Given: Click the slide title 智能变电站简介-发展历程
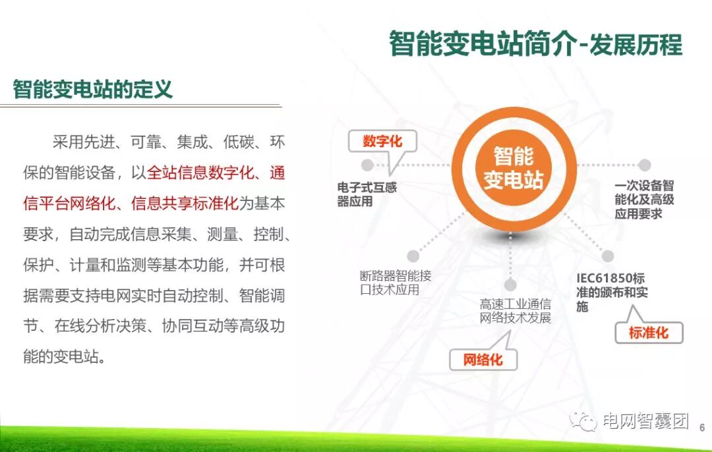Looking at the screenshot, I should (x=535, y=44).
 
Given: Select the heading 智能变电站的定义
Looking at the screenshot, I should (x=93, y=89).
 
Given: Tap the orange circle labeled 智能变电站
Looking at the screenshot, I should (x=513, y=167).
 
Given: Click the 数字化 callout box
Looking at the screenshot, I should (x=382, y=142).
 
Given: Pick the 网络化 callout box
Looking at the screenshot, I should (x=483, y=360).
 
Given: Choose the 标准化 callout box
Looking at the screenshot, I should (x=649, y=333).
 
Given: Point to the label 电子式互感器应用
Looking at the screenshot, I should (x=367, y=194).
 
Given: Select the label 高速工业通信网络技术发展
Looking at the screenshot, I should (x=516, y=311).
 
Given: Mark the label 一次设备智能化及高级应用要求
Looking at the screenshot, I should (x=643, y=200).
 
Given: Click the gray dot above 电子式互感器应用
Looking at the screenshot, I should (x=367, y=165).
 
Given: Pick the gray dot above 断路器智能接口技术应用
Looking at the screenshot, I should (x=413, y=256).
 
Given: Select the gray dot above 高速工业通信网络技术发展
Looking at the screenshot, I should (x=510, y=285).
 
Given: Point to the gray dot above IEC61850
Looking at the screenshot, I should (x=608, y=256).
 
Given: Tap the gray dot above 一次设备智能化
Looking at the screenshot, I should (x=644, y=165).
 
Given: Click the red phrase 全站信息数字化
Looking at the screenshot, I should (x=200, y=173).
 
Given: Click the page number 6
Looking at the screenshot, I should (x=701, y=427).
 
